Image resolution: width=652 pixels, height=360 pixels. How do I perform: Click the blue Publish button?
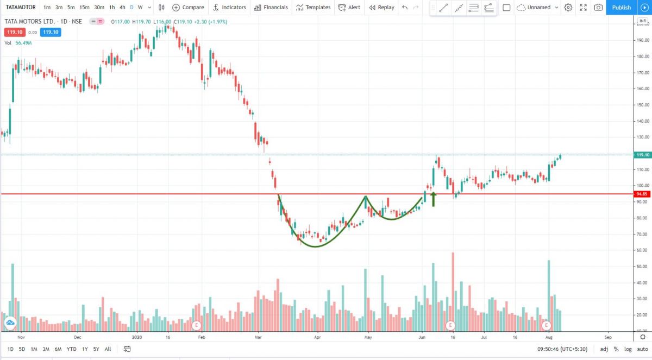(621, 7)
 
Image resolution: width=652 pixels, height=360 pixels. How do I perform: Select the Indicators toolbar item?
(229, 7)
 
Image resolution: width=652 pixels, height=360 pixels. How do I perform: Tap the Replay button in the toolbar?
(381, 7)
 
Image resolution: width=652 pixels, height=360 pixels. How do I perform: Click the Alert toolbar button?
(349, 7)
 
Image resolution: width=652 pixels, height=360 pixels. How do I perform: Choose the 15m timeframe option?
(84, 7)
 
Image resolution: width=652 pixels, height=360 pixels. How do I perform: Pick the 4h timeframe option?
(122, 7)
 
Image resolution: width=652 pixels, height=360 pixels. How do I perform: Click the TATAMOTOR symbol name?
(21, 7)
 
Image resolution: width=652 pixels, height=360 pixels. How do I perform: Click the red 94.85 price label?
(642, 194)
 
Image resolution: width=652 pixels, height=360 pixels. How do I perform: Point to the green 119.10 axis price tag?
(642, 155)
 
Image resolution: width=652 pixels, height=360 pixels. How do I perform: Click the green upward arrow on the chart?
(434, 199)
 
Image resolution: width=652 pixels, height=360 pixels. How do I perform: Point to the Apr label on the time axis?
(317, 337)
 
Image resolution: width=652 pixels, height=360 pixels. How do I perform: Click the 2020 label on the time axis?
(137, 337)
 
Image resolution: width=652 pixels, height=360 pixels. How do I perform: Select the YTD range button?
(71, 349)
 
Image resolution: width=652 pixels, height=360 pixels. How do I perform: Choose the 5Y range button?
(96, 349)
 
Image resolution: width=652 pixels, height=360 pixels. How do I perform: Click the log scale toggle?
(628, 349)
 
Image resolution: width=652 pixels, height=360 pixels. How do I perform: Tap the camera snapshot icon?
(598, 7)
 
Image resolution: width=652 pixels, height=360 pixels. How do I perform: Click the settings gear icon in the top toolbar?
(568, 7)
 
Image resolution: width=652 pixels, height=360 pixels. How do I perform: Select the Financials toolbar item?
(271, 7)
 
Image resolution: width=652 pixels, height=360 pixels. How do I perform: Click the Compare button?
(188, 7)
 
